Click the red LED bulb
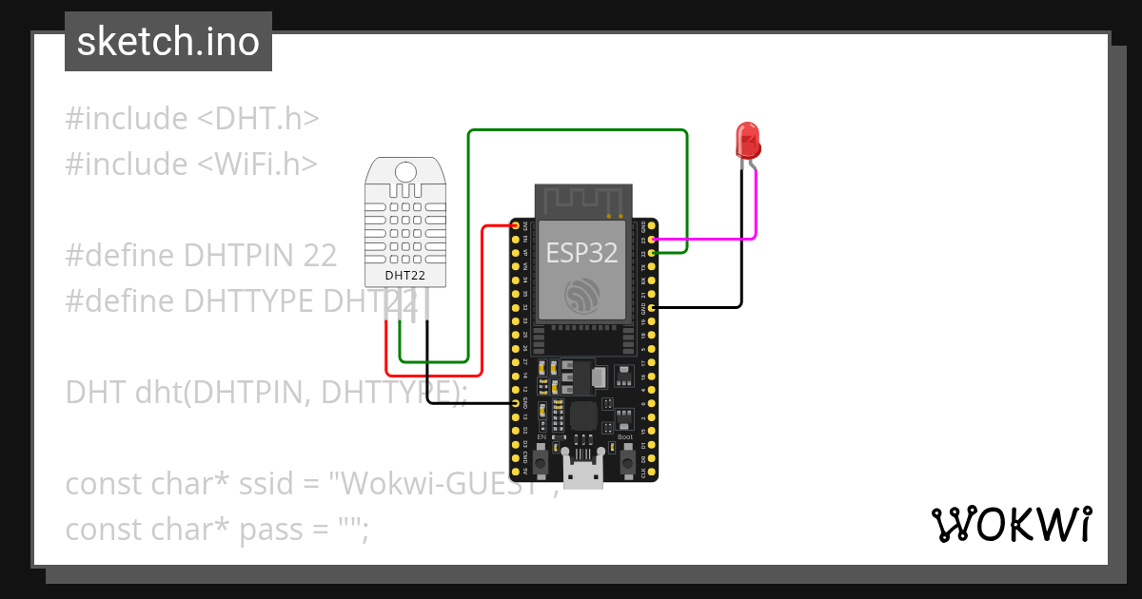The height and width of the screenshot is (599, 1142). click(747, 140)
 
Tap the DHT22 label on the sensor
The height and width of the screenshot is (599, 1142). click(404, 276)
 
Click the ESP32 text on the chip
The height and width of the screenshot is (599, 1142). click(581, 252)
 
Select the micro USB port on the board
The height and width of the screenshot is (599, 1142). click(581, 472)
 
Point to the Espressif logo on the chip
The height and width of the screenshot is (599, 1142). click(581, 296)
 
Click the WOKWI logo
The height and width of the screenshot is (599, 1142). click(1011, 524)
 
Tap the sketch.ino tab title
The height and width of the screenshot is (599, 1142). click(167, 42)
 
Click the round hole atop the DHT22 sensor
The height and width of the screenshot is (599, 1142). click(405, 172)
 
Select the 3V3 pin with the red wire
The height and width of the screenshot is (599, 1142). click(516, 226)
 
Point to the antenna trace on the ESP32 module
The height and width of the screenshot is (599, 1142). click(581, 201)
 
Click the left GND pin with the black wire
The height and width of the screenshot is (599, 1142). click(516, 403)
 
